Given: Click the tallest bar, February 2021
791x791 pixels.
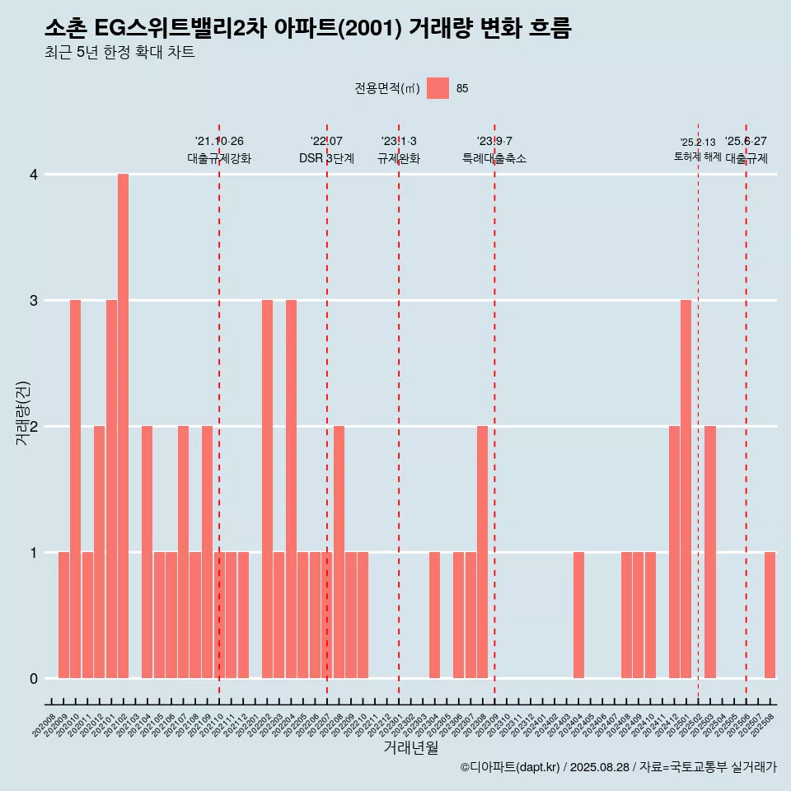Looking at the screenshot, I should click(x=123, y=426).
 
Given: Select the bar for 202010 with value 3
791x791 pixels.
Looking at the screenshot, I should click(x=75, y=489).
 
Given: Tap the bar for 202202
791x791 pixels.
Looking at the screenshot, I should click(x=267, y=489).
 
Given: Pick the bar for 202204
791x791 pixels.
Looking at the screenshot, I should click(x=291, y=489).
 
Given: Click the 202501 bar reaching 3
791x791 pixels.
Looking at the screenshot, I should click(x=686, y=489).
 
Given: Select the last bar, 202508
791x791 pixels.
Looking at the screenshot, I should click(x=770, y=615).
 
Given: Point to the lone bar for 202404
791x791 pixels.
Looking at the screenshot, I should click(x=578, y=615).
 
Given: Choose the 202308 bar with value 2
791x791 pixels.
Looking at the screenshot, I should click(x=482, y=552).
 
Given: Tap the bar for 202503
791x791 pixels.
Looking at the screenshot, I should click(x=709, y=552).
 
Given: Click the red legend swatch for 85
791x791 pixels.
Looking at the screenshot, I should click(x=438, y=88).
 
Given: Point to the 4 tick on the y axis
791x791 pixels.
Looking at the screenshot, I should click(x=34, y=175).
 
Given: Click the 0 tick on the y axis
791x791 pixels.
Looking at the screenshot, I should click(x=34, y=679).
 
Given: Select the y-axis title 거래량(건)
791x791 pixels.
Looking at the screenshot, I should click(x=23, y=414).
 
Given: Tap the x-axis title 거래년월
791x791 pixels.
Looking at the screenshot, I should click(x=410, y=747).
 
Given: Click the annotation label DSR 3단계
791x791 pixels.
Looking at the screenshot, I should click(x=326, y=158).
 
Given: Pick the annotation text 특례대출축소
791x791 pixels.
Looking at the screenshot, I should click(x=494, y=158).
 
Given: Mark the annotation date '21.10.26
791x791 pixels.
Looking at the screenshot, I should click(x=219, y=142).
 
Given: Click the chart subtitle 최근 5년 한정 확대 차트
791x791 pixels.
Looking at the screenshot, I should click(x=119, y=53).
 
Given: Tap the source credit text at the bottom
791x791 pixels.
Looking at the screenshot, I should click(x=618, y=767).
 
